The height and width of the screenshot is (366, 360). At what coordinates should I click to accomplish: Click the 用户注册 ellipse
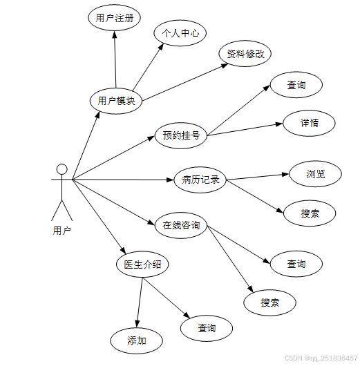tap(114, 18)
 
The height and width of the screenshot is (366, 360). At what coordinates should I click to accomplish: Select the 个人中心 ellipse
tap(180, 33)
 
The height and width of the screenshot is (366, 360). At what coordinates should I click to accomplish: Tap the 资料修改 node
tap(245, 54)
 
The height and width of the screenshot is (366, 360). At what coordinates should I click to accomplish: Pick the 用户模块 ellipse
tap(116, 101)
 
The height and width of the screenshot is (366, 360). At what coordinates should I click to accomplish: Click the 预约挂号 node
tap(181, 135)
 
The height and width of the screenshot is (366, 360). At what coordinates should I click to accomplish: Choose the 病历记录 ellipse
tap(200, 180)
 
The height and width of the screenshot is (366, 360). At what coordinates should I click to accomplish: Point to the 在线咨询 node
tap(181, 225)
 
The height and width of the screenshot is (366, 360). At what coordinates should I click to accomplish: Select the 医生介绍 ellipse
tap(142, 264)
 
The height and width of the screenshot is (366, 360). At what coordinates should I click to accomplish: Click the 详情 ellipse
tap(310, 123)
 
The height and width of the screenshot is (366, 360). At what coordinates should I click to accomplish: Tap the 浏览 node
tap(316, 174)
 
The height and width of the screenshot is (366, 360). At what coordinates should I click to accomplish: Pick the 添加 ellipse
tap(137, 340)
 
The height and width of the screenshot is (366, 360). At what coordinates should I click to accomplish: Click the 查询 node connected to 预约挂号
tap(296, 85)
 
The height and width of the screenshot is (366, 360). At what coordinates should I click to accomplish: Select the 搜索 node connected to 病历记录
tap(310, 213)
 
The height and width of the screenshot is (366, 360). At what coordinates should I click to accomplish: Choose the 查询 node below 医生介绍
tap(207, 328)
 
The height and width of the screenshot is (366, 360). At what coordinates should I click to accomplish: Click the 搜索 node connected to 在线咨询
tap(269, 302)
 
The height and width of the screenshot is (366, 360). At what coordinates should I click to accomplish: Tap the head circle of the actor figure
tap(62, 169)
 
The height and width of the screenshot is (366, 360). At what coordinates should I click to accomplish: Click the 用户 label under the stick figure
tap(62, 231)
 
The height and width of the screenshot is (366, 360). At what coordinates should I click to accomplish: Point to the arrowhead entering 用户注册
tap(114, 35)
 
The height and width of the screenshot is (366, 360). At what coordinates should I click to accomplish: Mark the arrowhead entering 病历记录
tap(171, 180)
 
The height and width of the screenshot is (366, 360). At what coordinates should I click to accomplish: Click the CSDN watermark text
tap(321, 358)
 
